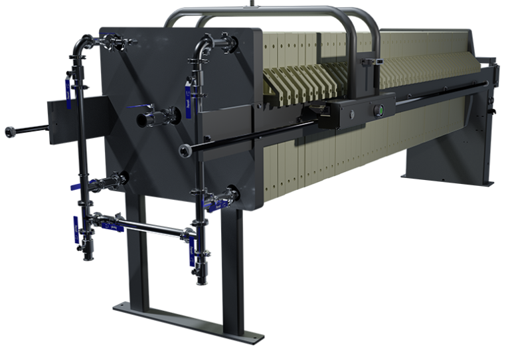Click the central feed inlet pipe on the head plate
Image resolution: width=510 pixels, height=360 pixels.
[145, 120]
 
